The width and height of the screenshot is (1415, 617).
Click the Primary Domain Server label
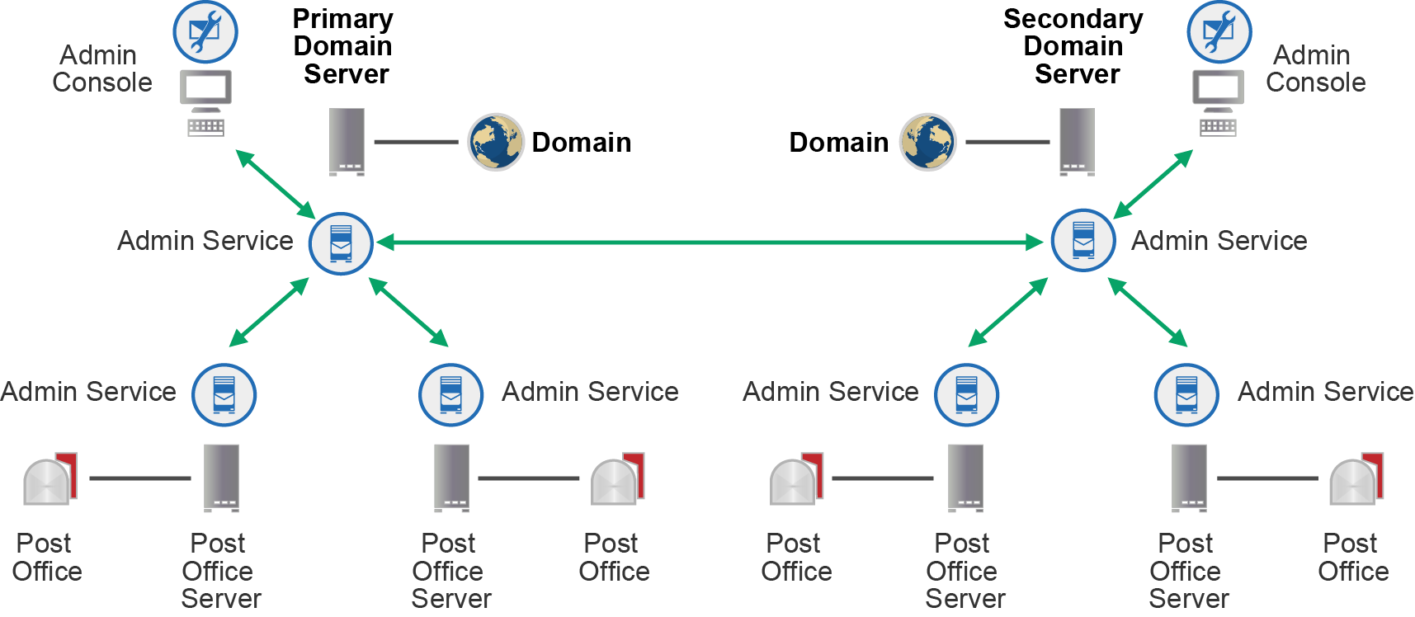[x=343, y=47]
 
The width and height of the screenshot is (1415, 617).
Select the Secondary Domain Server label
[x=1073, y=47]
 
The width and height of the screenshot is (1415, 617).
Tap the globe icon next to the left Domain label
[x=495, y=142]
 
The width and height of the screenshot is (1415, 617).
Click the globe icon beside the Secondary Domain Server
[x=927, y=142]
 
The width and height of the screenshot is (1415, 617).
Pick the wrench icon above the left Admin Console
[x=205, y=33]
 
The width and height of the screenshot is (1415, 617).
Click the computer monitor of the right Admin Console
[x=1218, y=89]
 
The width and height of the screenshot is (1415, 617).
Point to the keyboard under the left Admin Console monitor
[x=205, y=127]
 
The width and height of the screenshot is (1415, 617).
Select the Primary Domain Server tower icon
[x=347, y=141]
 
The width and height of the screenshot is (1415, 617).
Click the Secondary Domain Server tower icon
[x=1077, y=141]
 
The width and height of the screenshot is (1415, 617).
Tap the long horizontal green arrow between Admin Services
[x=710, y=243]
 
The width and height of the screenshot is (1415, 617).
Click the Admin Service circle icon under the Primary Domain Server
[x=341, y=243]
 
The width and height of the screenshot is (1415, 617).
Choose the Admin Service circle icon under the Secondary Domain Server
[x=1083, y=241]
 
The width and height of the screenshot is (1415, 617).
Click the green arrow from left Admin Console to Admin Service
[x=276, y=184]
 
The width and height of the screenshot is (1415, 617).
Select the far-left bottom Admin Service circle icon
[x=224, y=394]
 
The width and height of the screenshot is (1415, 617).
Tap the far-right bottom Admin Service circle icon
[x=1186, y=395]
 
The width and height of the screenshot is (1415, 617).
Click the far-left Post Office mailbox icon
[x=50, y=479]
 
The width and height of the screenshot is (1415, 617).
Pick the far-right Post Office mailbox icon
[x=1356, y=479]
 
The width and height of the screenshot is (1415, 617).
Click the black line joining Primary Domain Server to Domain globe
[x=416, y=142]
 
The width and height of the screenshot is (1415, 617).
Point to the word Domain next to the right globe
[x=838, y=142]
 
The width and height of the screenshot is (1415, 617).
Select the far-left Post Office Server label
[x=219, y=571]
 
